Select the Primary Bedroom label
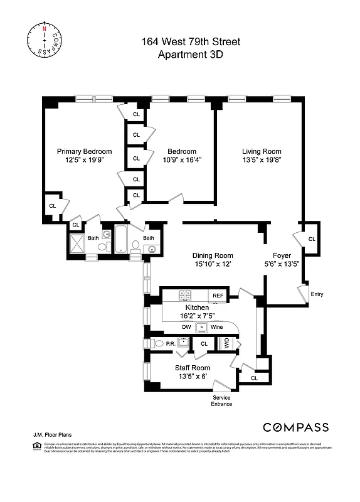(x=85, y=151)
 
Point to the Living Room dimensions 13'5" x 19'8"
(x=262, y=159)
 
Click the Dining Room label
(x=212, y=255)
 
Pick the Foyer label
(x=282, y=255)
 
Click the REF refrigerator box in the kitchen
(x=218, y=295)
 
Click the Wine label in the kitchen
(x=217, y=327)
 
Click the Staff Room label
(x=192, y=368)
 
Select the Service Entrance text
(x=222, y=401)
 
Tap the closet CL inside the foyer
(x=312, y=239)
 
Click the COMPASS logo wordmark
(x=295, y=427)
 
